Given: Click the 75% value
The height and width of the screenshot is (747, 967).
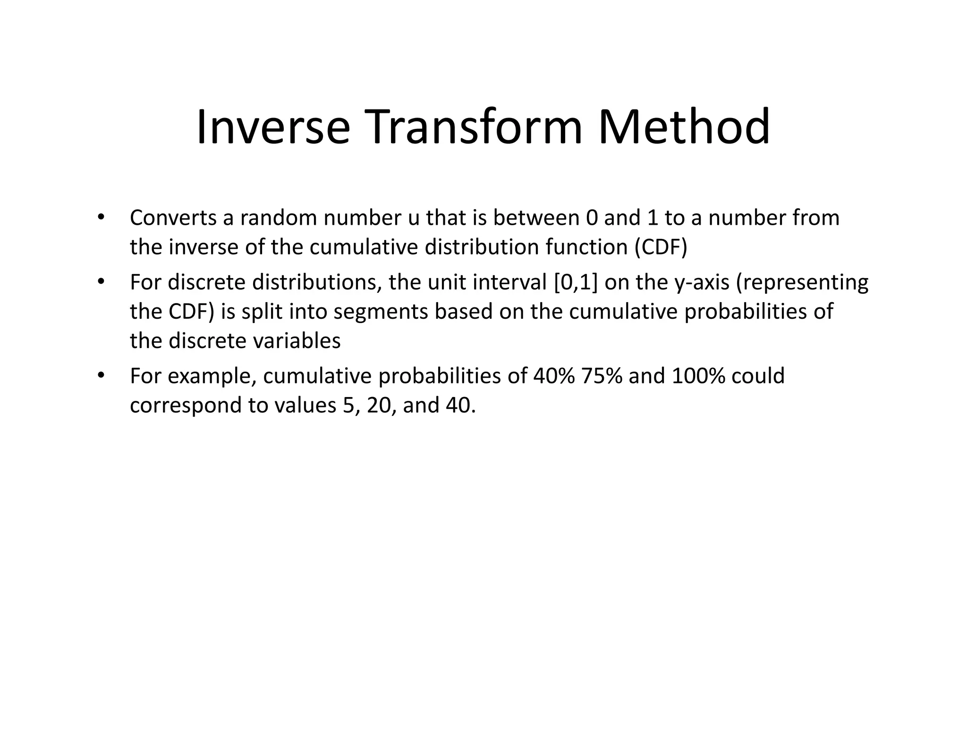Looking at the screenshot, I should [602, 376].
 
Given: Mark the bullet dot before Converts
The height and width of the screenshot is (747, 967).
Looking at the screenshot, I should [100, 218].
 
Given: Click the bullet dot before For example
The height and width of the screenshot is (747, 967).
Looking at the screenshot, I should [100, 376].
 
